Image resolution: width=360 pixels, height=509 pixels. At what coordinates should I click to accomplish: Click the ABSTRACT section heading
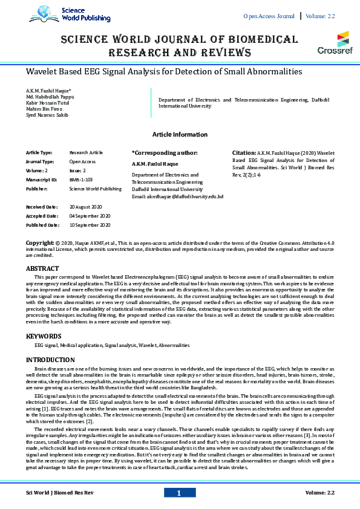[42, 268]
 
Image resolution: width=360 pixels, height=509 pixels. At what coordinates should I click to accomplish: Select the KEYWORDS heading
[44, 336]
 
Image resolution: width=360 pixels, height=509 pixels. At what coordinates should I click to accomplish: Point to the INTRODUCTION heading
[50, 360]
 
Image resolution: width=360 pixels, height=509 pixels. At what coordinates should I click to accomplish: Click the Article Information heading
[180, 134]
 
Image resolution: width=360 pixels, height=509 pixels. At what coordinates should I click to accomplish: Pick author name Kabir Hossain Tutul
[47, 102]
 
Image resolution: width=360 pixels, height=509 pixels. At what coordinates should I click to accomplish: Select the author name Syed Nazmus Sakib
[47, 114]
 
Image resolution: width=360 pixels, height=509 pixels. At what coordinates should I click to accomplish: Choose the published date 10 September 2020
[90, 225]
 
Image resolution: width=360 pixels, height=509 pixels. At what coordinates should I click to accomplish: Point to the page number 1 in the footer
[179, 493]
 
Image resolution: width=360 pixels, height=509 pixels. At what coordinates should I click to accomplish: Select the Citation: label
[244, 154]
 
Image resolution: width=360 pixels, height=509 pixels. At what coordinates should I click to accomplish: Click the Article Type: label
[39, 154]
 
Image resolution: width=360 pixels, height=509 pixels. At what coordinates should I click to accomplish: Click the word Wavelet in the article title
[43, 71]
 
